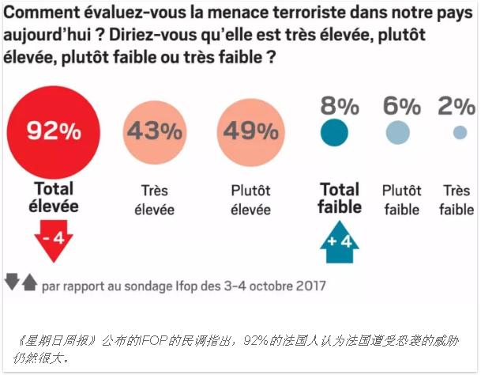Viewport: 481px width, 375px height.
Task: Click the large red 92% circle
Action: click(x=54, y=131)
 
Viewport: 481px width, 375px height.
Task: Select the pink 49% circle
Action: click(x=249, y=131)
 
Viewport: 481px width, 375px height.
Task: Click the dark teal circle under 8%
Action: click(x=334, y=132)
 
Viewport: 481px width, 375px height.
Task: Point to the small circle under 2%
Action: click(x=459, y=132)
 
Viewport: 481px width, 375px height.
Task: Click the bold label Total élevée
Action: click(x=54, y=197)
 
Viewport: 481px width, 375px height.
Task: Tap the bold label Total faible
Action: click(x=340, y=198)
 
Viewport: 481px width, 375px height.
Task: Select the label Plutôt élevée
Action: click(x=250, y=200)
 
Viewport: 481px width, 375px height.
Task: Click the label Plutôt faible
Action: click(x=401, y=200)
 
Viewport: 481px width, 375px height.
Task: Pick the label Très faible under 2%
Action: click(x=457, y=200)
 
